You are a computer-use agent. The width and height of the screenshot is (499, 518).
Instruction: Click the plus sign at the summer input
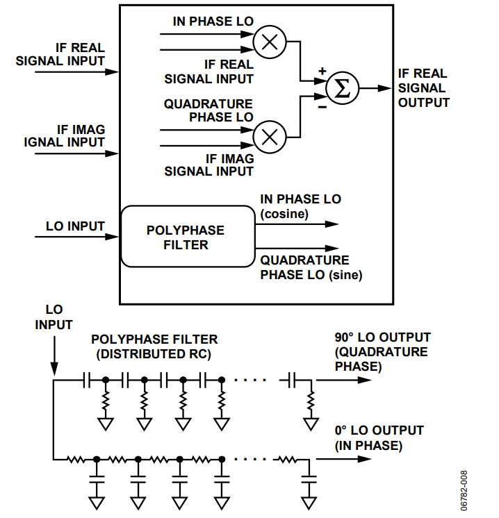tap(322, 72)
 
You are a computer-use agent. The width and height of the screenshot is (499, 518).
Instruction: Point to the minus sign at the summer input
tap(322, 107)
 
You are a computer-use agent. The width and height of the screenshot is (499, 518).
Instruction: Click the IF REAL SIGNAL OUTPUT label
tap(423, 88)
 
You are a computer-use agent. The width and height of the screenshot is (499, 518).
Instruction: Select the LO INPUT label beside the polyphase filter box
tap(75, 226)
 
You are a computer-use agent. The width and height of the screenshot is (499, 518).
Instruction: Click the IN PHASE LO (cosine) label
tap(300, 206)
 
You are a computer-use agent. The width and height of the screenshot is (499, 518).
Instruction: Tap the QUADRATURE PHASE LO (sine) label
tap(311, 267)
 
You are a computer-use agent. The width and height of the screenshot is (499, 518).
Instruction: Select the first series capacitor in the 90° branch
tap(87, 381)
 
